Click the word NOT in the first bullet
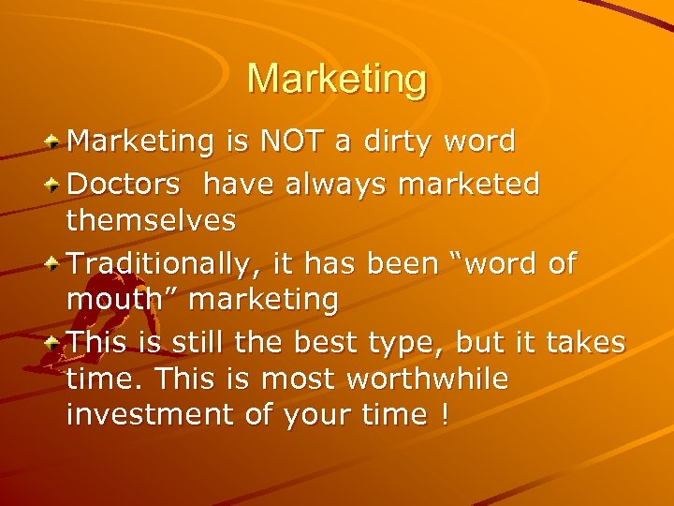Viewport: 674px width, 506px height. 290,141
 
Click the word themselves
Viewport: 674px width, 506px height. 152,221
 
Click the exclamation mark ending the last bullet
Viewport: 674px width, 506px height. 442,415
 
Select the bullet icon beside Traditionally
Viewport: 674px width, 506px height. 55,263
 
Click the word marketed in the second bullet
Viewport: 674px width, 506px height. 469,185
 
